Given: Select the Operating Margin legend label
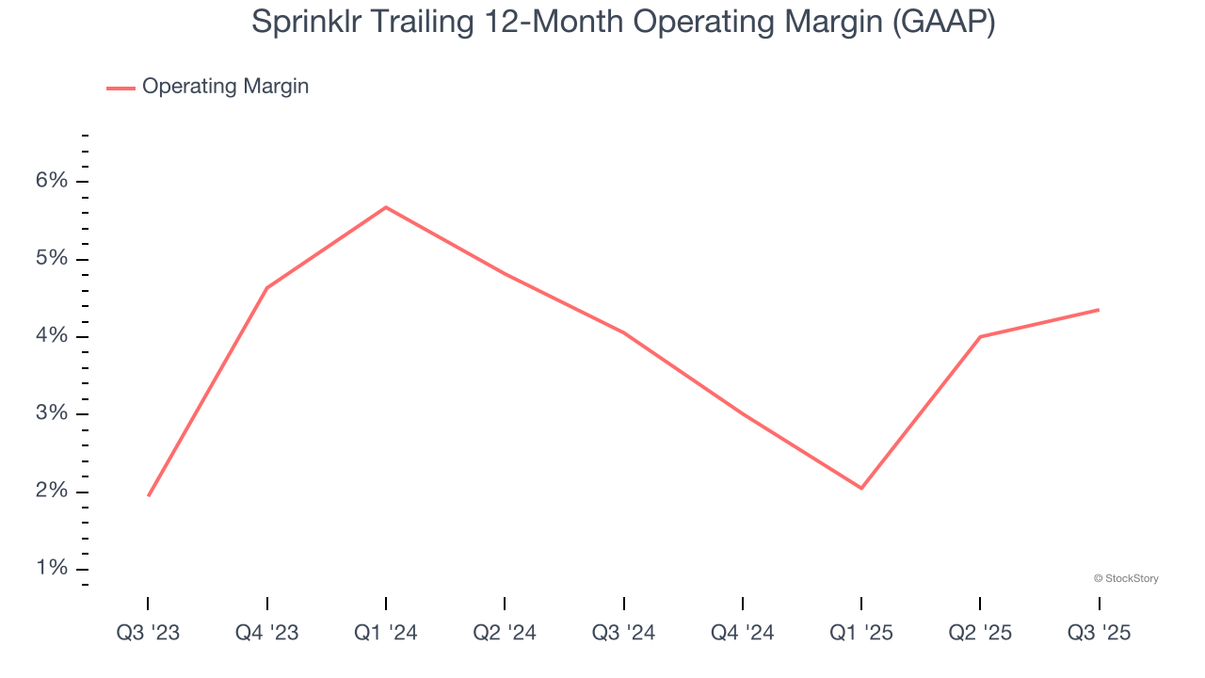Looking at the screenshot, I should click(x=225, y=87).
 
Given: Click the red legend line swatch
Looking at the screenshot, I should click(x=120, y=88).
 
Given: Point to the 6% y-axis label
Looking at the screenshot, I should click(x=53, y=181).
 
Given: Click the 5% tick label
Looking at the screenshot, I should click(x=53, y=258).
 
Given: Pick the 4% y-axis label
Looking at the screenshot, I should click(x=53, y=336).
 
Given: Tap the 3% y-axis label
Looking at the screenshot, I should click(x=53, y=413).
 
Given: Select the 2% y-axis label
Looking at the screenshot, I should click(x=53, y=492).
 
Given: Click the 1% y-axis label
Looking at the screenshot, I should click(x=53, y=569).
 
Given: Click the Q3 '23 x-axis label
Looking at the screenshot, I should click(x=148, y=633).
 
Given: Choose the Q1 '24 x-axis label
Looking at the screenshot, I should click(x=385, y=633).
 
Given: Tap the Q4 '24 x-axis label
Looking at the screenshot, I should click(x=743, y=633).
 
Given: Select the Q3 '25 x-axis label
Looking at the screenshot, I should click(x=1099, y=633).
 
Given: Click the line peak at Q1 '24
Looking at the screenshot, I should click(x=386, y=207).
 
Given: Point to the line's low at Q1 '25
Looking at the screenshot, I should click(x=861, y=488).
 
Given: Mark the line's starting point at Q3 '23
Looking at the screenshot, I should click(x=149, y=495).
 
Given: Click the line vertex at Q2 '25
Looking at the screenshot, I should click(x=980, y=336).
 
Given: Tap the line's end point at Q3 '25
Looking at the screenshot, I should click(x=1099, y=310).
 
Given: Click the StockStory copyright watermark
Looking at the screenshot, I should click(x=1126, y=578).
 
